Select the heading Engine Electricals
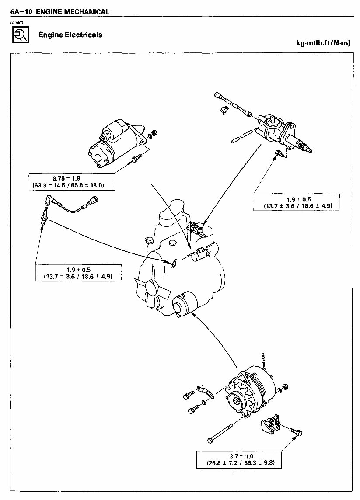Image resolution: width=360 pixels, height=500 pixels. pyautogui.click(x=70, y=35)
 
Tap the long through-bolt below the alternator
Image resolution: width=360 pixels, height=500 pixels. pyautogui.click(x=225, y=430)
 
